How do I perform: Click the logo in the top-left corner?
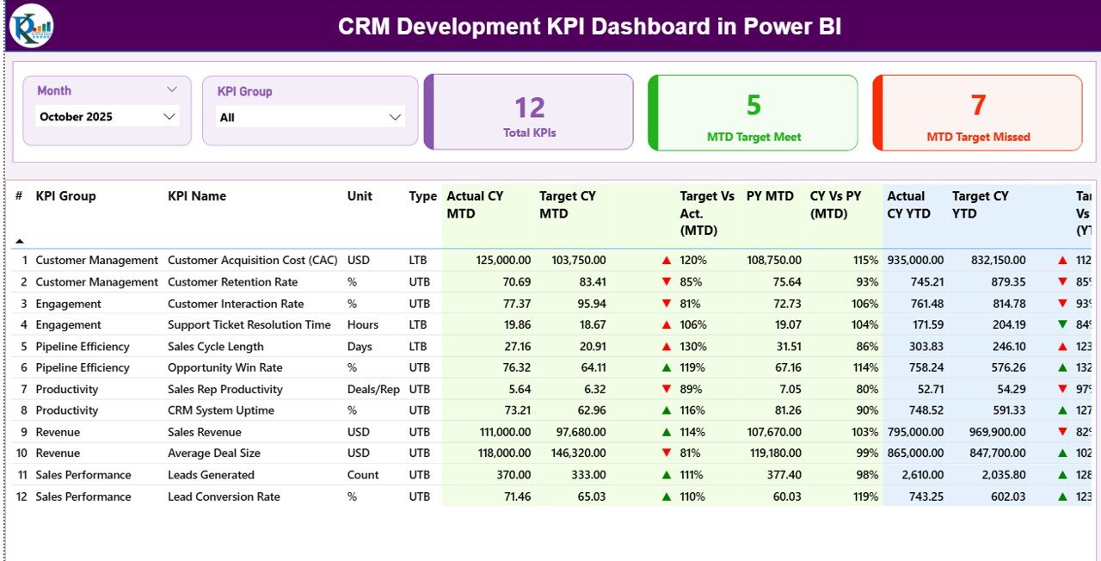pyautogui.click(x=31, y=26)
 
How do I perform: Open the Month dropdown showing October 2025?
pyautogui.click(x=169, y=117)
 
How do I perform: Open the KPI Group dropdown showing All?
pyautogui.click(x=396, y=118)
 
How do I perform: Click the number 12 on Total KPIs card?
pyautogui.click(x=530, y=108)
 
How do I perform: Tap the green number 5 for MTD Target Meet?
pyautogui.click(x=753, y=105)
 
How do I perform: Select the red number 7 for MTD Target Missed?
pyautogui.click(x=978, y=105)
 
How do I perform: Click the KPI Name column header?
pyautogui.click(x=197, y=196)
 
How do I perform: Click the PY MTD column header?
pyautogui.click(x=770, y=196)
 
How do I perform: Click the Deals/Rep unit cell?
pyautogui.click(x=373, y=389)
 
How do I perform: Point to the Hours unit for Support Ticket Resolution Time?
pyautogui.click(x=362, y=324)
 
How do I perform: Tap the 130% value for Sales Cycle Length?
pyautogui.click(x=693, y=346)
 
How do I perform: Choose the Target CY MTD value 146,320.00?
pyautogui.click(x=572, y=453)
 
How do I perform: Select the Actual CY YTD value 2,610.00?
pyautogui.click(x=918, y=474)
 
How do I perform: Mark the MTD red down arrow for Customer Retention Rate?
pyautogui.click(x=667, y=281)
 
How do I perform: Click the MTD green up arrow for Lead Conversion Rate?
pyautogui.click(x=667, y=496)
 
